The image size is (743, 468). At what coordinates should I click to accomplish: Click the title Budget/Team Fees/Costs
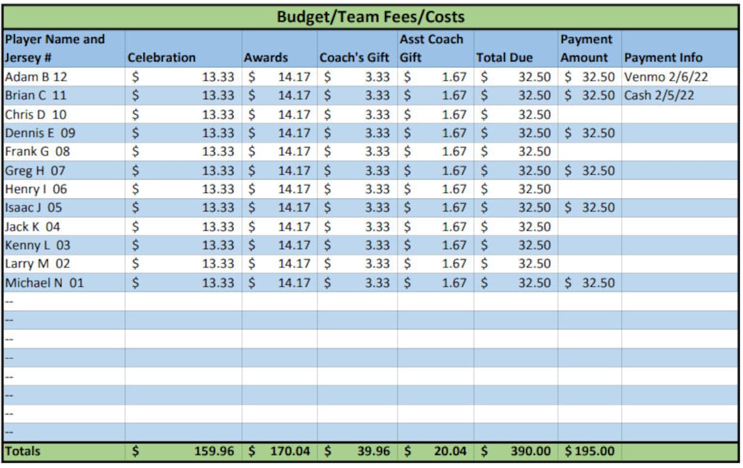(x=370, y=16)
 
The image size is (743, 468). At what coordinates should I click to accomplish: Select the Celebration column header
(x=162, y=57)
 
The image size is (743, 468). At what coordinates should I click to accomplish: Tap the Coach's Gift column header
(x=354, y=57)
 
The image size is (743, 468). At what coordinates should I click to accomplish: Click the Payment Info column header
(x=663, y=57)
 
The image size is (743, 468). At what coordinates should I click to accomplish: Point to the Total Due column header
(x=504, y=57)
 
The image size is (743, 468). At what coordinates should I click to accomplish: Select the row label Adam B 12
(x=36, y=76)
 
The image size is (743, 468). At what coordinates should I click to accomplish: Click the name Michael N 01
(x=44, y=283)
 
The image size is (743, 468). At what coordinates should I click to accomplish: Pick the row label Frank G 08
(x=37, y=151)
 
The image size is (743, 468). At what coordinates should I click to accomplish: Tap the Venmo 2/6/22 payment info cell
(x=666, y=76)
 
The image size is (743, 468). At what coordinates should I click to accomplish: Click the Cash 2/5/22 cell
(x=659, y=95)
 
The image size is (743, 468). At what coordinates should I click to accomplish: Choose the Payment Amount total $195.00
(x=589, y=451)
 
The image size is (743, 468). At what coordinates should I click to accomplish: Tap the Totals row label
(x=23, y=451)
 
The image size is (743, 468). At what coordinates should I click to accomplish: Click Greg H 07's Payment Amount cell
(x=589, y=171)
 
